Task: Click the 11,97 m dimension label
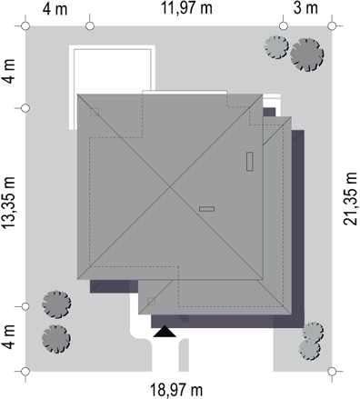coord(186,8)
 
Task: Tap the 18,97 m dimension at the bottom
coord(176,390)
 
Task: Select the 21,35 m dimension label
coord(350,198)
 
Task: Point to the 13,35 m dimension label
coord(8,203)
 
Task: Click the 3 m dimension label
coord(305,8)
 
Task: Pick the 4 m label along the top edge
coord(55,9)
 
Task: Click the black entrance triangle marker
coord(165,332)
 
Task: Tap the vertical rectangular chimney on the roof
coord(250,162)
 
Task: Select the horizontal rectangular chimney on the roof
coord(206,209)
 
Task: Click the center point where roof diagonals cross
coord(170,187)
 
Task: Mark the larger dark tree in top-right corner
coord(306,55)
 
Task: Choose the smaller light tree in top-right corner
coord(276,47)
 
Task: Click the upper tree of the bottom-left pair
coord(56,304)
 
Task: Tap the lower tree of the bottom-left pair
coord(56,339)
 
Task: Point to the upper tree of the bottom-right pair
coord(313,332)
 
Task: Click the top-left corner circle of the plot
coord(25,26)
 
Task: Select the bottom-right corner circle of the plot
coord(332,371)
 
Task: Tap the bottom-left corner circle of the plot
coord(25,371)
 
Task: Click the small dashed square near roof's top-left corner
coord(95,112)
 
